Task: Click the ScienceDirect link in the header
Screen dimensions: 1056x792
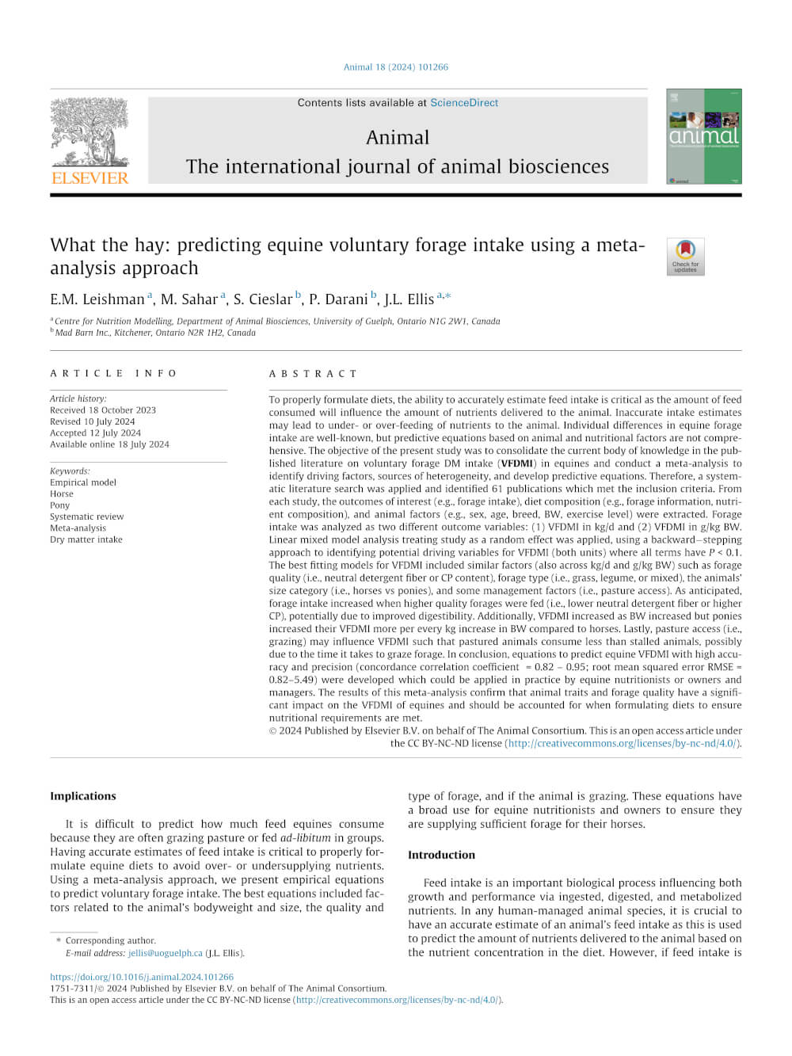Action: tap(464, 103)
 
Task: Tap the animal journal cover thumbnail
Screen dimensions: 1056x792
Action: tap(703, 136)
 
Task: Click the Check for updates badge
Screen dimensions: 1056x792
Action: tap(685, 257)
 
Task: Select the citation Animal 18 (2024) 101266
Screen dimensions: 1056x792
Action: tap(395, 67)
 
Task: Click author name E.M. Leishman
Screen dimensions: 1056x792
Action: tap(97, 299)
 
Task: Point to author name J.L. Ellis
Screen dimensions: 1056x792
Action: tap(409, 299)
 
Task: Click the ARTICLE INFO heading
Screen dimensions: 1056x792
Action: tap(113, 373)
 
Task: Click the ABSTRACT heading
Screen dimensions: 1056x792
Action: tap(313, 373)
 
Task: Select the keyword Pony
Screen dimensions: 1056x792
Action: tap(60, 505)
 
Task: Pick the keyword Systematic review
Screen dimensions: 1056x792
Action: tap(86, 517)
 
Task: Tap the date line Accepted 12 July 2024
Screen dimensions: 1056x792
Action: tap(95, 433)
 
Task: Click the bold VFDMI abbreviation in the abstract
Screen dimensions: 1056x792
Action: tap(516, 463)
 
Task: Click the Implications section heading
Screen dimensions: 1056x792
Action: tap(82, 796)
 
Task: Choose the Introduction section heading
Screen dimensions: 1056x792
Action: tap(441, 855)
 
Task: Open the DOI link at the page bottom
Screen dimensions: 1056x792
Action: tap(141, 977)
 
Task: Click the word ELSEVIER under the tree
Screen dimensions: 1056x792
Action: tap(89, 178)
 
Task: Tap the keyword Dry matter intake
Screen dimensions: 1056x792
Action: tap(86, 539)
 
